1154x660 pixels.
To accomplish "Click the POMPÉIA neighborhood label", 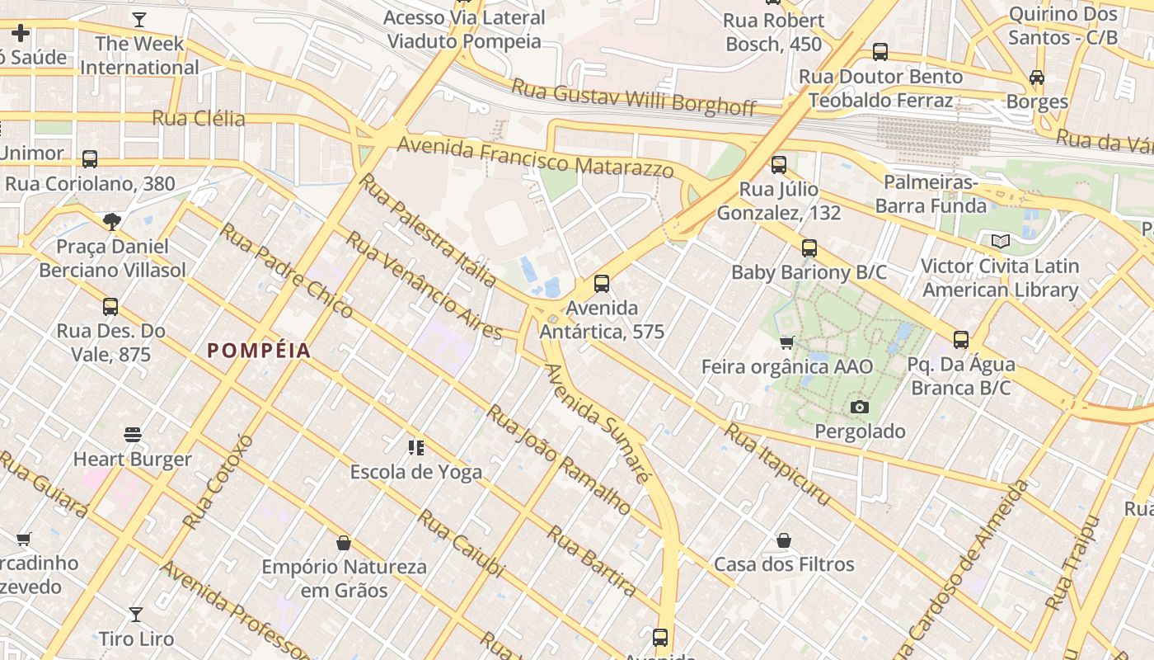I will click(x=259, y=351).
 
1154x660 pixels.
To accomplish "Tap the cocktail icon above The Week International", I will click(x=139, y=20).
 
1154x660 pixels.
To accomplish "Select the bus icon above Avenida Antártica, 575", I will click(x=602, y=284).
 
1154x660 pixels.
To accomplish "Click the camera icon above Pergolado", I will click(x=859, y=407).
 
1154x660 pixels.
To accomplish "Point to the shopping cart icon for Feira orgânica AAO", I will click(x=786, y=342).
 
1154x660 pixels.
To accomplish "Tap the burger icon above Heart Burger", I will click(x=133, y=434).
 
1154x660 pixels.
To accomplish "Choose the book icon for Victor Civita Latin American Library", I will click(x=1000, y=242).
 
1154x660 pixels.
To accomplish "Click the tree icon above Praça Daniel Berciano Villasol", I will click(x=112, y=221).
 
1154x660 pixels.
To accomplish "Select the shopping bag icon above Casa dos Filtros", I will click(x=784, y=540).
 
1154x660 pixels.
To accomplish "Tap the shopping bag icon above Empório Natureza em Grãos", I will click(x=344, y=543).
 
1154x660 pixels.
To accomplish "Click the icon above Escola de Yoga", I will click(x=416, y=448).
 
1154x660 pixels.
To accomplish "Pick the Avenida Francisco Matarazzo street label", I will click(x=535, y=158).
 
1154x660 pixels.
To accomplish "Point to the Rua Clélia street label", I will click(x=199, y=118).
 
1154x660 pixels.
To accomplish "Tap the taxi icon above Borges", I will click(x=1036, y=78).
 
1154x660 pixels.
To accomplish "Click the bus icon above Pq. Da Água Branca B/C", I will click(x=960, y=339).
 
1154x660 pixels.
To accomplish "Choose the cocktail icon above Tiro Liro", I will click(x=136, y=615).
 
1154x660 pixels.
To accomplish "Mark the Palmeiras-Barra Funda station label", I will click(x=931, y=194).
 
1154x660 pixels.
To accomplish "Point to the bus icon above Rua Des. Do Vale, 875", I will click(x=110, y=307).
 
